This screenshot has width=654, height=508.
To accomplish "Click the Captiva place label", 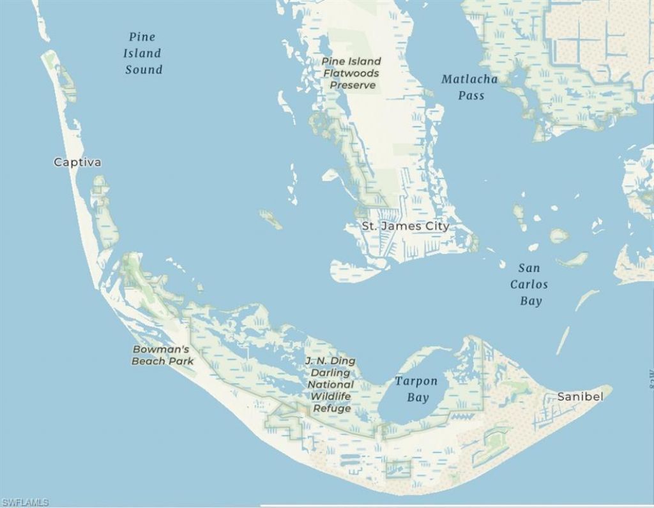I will click(x=77, y=162).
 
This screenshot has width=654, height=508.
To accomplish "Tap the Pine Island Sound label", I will click(x=142, y=54).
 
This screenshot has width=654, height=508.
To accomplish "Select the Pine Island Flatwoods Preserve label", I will click(x=351, y=73).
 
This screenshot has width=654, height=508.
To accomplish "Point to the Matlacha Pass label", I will click(x=469, y=87).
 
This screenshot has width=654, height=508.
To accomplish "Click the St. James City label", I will click(x=406, y=226).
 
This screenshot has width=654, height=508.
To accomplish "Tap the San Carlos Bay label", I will click(x=529, y=285).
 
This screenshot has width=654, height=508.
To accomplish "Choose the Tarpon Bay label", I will click(x=416, y=389).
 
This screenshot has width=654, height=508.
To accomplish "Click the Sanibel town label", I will click(x=580, y=396).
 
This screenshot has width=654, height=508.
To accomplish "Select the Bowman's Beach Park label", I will click(x=162, y=355).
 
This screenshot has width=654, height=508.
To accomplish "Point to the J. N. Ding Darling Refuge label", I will click(x=331, y=385).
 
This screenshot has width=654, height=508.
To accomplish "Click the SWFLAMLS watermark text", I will click(x=25, y=502).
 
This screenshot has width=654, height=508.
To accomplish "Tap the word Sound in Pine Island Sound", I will click(x=144, y=70).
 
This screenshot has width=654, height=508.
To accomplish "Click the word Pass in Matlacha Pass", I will click(x=471, y=96).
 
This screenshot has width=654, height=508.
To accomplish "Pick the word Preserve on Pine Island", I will click(x=353, y=85).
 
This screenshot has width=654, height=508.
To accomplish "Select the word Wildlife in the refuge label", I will click(x=331, y=396).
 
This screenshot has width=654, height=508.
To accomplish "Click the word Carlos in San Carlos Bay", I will click(x=529, y=285).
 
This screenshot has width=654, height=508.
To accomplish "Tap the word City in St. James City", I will click(x=437, y=226).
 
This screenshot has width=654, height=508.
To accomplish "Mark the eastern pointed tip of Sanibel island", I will click(x=611, y=387).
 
